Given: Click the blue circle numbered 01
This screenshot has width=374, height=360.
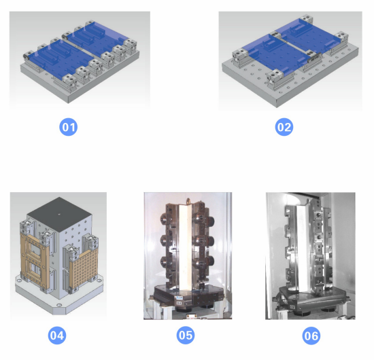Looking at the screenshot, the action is [69, 127].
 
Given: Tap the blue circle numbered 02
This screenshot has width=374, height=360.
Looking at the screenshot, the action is [284, 127].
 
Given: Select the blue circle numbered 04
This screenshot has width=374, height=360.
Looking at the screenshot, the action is [57, 336].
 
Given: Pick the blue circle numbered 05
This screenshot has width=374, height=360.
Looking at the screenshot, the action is [186, 336].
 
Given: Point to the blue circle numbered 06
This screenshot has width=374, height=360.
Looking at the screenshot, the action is [311, 336].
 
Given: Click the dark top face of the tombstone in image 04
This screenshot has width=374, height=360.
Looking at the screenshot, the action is [59, 213].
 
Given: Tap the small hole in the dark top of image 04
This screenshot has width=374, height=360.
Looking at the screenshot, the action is [59, 214].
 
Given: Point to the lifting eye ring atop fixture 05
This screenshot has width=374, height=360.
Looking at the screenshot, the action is [188, 201].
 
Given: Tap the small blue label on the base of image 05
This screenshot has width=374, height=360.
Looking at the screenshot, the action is [179, 298].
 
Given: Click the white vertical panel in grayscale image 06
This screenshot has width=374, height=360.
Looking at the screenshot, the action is [303, 248].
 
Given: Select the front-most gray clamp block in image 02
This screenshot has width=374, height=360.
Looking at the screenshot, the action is [276, 78].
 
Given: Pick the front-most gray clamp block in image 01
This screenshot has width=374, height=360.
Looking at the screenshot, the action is [69, 81].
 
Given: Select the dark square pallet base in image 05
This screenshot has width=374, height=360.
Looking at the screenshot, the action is [188, 297].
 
